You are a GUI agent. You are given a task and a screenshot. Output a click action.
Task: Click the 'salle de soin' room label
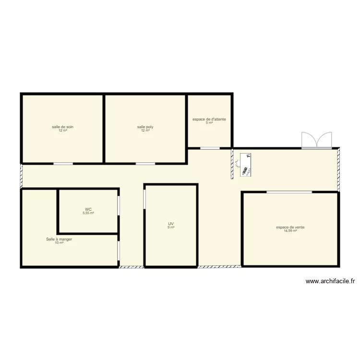pyautogui.click(x=63, y=127)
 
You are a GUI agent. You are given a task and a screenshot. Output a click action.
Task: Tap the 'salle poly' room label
pyautogui.click(x=145, y=127)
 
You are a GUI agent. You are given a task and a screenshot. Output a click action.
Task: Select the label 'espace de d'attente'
pyautogui.click(x=209, y=119)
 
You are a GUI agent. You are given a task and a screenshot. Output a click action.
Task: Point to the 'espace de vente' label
pyautogui.click(x=290, y=227)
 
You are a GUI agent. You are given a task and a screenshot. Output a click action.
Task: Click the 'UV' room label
pyautogui.click(x=170, y=223)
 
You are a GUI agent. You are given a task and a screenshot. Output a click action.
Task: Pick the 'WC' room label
pyautogui.click(x=88, y=209)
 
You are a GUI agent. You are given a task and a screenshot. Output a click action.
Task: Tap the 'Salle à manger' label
pyautogui.click(x=59, y=239)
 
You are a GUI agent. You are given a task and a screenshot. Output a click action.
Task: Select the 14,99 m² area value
pyautogui.click(x=290, y=231)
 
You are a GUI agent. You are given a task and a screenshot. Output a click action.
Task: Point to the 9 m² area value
pyautogui.click(x=170, y=227)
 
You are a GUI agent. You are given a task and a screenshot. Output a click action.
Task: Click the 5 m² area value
pyautogui.click(x=209, y=123)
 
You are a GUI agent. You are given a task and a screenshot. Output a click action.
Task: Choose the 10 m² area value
pyautogui.click(x=59, y=242)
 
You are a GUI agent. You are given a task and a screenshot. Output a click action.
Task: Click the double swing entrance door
pyautogui.click(x=316, y=140)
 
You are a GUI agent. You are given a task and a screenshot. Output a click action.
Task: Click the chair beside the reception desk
pyautogui.click(x=238, y=164)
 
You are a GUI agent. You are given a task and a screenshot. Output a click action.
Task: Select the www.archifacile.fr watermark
pyautogui.click(x=330, y=282)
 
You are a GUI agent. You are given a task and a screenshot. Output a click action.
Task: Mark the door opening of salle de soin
pyautogui.click(x=63, y=164)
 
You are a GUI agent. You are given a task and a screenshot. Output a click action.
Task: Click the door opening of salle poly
pyautogui.click(x=145, y=164)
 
